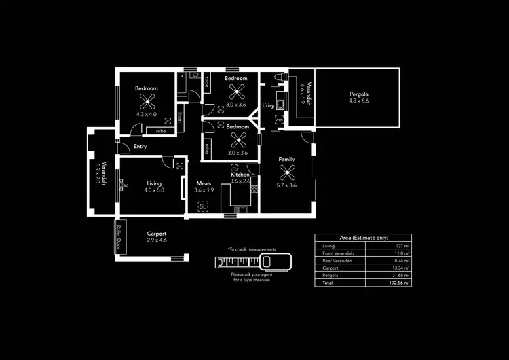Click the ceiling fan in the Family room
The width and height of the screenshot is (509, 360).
coord(287,172)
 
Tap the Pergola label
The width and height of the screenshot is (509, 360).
coord(358,94)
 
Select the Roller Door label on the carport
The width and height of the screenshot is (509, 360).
coord(119,237)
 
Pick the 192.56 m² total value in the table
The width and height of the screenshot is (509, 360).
coord(398,282)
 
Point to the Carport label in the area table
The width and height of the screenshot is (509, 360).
coord(331,267)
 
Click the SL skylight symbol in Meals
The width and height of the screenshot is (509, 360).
coord(202,206)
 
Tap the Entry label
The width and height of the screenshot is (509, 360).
coord(140,146)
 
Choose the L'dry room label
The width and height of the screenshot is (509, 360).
coord(268,105)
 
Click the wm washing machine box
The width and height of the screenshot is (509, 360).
coord(279,120)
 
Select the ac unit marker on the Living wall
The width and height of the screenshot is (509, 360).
coord(126,184)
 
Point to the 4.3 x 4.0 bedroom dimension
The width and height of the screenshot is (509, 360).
coord(146,115)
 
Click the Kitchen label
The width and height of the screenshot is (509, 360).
coord(240,175)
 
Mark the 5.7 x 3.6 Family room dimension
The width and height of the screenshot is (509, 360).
coord(286,185)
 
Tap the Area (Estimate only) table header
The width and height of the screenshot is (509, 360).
coord(364,238)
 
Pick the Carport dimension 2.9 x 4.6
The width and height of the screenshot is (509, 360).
coord(157,240)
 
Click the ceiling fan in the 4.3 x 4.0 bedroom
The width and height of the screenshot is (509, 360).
coord(147,101)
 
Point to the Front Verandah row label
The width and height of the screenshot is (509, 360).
coord(337,253)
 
